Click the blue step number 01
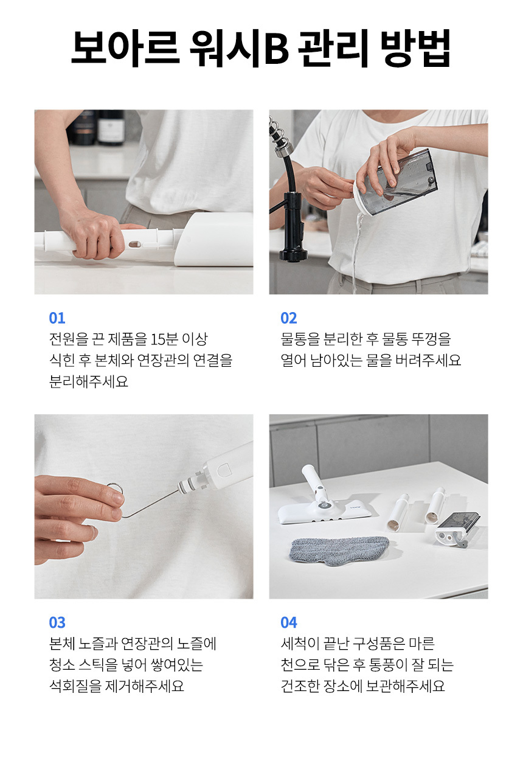[57, 318]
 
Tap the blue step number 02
[289, 318]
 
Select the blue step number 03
[57, 623]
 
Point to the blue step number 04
[289, 623]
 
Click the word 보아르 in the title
[125, 47]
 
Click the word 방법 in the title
[415, 47]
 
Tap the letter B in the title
[276, 49]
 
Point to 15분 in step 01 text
[164, 339]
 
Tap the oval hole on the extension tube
[135, 243]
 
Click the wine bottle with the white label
[111, 127]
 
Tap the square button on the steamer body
[224, 471]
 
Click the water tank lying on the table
[457, 530]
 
